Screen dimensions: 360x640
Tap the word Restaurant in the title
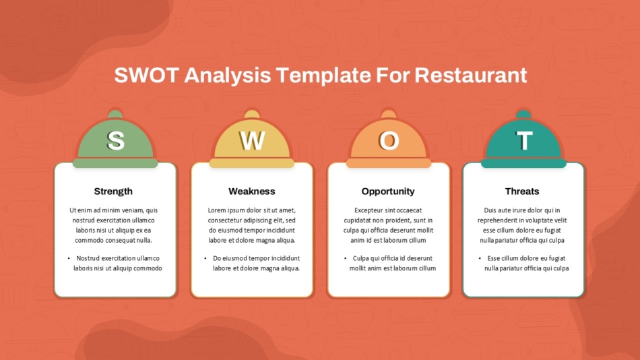tap(470, 75)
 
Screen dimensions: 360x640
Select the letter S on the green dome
tap(116, 140)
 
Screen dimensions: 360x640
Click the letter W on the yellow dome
tap(252, 140)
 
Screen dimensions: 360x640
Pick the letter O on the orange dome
tap(389, 140)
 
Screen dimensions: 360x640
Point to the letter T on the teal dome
tap(524, 140)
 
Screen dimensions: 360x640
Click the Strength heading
tap(113, 191)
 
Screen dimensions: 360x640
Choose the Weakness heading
tap(252, 191)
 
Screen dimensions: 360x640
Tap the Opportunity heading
tap(388, 191)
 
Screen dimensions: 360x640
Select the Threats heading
tap(522, 191)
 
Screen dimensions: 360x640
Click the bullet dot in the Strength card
tap(69, 258)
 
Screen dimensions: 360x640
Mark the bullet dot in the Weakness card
tap(205, 258)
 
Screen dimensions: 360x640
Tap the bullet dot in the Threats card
tap(480, 258)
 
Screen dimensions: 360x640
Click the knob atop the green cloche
tap(115, 113)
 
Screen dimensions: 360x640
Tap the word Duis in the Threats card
tap(491, 210)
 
